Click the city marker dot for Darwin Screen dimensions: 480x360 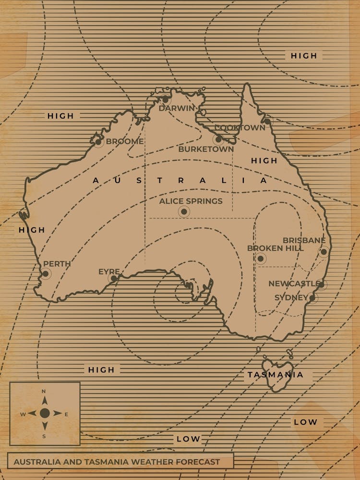coord(165,99)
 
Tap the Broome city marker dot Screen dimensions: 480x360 coord(98,142)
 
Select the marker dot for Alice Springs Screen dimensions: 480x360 coord(184,212)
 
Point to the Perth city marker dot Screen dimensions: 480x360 coord(46,274)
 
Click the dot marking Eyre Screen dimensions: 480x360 coord(114,278)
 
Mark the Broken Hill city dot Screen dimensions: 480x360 coord(260,259)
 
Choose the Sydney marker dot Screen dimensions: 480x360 coord(312,298)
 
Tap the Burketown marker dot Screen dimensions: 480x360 coord(218,140)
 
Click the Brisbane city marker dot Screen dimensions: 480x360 coord(324,252)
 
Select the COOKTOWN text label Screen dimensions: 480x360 coord(240,128)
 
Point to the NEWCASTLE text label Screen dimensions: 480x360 coord(293,284)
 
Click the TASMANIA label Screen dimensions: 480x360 coord(276,375)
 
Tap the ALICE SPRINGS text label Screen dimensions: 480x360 coord(191,201)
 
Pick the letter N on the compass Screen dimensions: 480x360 coord(44,391)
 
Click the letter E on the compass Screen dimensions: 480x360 coord(66,414)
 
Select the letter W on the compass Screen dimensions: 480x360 coord(23,414)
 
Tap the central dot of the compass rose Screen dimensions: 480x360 coord(45,413)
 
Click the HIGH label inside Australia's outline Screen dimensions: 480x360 coord(264,161)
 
